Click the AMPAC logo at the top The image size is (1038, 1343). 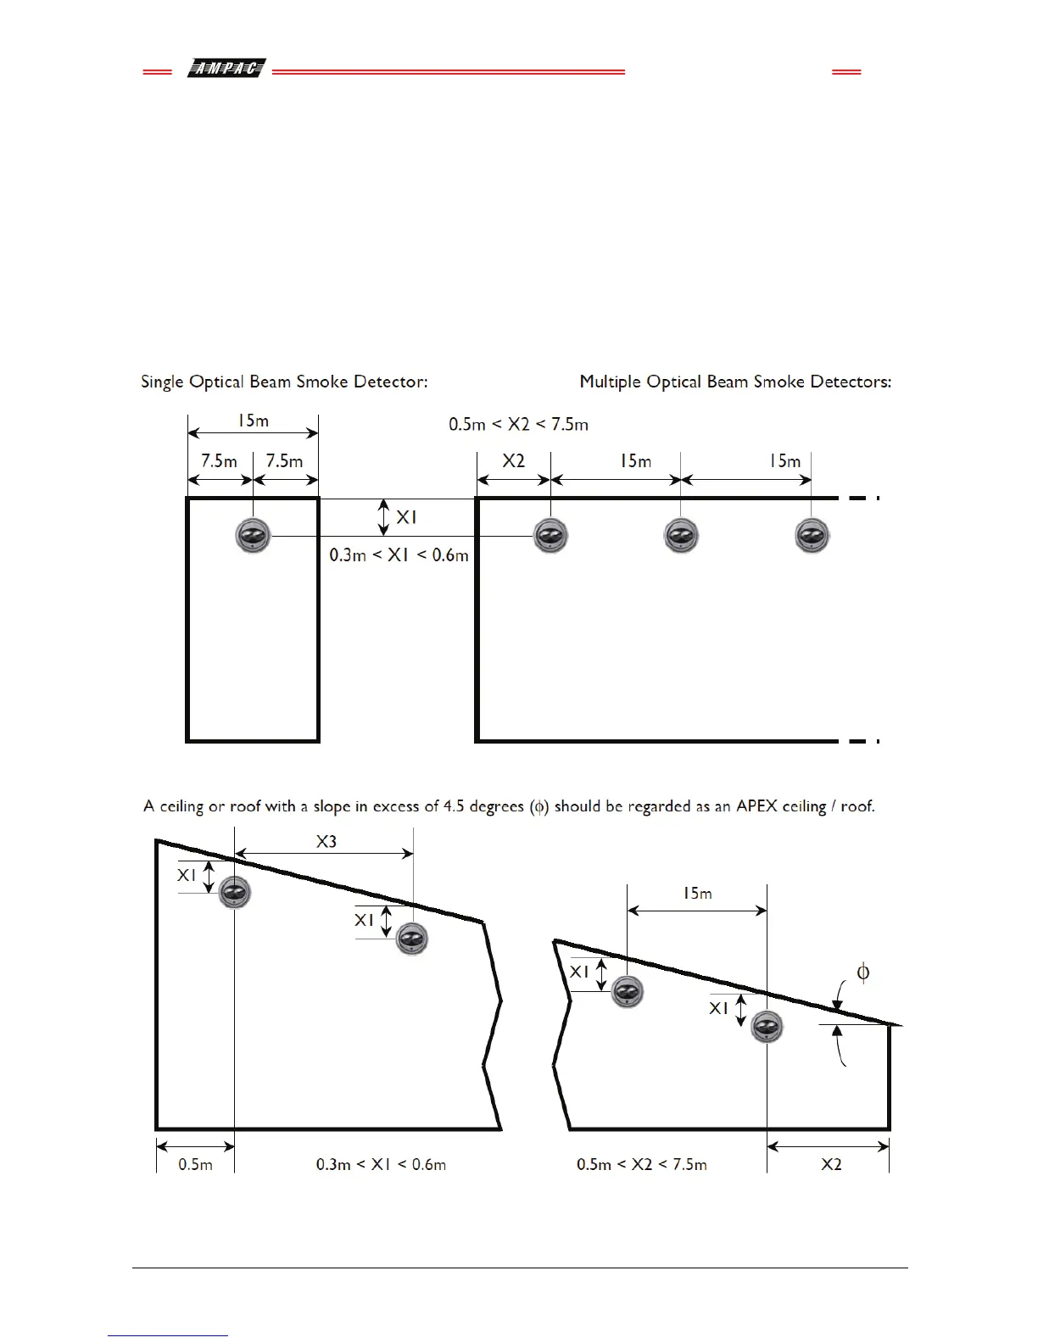pyautogui.click(x=226, y=69)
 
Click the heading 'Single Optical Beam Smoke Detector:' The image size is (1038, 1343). pyautogui.click(x=284, y=382)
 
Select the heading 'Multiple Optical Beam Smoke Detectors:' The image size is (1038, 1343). pyautogui.click(x=735, y=382)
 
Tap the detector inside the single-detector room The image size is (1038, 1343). pyautogui.click(x=253, y=535)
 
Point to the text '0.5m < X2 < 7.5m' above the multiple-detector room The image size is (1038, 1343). pyautogui.click(x=518, y=424)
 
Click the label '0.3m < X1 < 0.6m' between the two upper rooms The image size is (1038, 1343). pyautogui.click(x=399, y=555)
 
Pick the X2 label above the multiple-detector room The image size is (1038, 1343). pyautogui.click(x=513, y=461)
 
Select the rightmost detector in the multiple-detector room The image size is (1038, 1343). pyautogui.click(x=812, y=535)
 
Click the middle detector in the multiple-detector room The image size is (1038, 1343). pyautogui.click(x=680, y=535)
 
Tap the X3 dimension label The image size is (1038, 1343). pyautogui.click(x=326, y=841)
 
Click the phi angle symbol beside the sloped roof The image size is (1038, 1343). pyautogui.click(x=862, y=972)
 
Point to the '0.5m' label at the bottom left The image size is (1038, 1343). pyautogui.click(x=195, y=1165)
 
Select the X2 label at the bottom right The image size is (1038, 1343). pyautogui.click(x=831, y=1165)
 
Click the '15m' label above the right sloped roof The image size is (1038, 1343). pyautogui.click(x=697, y=893)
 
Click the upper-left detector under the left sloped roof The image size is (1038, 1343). pyautogui.click(x=235, y=892)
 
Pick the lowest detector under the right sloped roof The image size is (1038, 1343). pyautogui.click(x=767, y=1027)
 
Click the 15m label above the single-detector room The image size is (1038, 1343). pyautogui.click(x=253, y=421)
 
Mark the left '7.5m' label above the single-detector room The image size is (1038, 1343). pyautogui.click(x=219, y=461)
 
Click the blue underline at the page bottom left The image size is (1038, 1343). pyautogui.click(x=168, y=1335)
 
